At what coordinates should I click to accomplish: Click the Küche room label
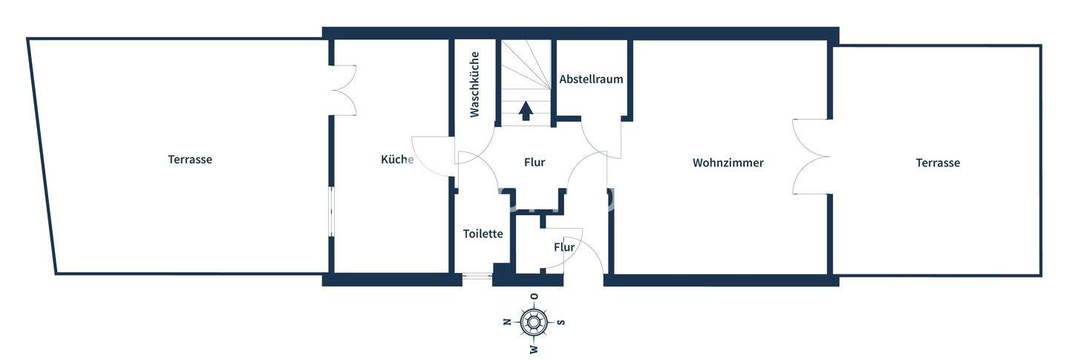[396, 159]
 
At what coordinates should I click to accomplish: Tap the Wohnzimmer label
[728, 163]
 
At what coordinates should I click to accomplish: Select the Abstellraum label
[591, 79]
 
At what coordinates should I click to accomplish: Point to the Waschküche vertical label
[474, 84]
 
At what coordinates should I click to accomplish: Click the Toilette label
[483, 233]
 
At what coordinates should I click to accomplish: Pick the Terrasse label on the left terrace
[189, 159]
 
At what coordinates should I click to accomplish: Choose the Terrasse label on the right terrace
[937, 163]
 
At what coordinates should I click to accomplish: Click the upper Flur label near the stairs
[534, 162]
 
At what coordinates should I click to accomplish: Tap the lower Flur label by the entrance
[564, 246]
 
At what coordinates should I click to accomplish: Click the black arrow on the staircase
[526, 111]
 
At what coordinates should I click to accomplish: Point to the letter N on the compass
[507, 322]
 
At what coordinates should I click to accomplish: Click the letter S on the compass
[561, 322]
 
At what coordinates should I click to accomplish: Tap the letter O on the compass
[534, 296]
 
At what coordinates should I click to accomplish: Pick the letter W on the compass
[534, 349]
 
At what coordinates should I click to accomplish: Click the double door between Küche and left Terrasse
[344, 90]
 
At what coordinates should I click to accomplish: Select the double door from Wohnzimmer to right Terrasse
[811, 157]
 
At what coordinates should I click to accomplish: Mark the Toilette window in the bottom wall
[477, 280]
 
